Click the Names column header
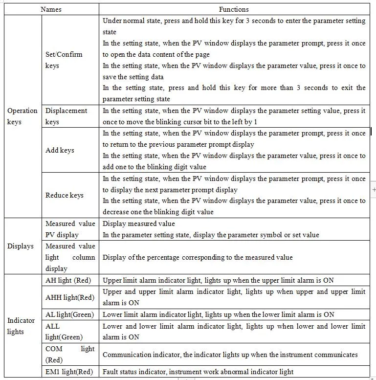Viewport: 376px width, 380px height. tap(51, 9)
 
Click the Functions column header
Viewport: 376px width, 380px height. tap(234, 9)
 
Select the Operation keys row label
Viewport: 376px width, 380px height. tap(22, 116)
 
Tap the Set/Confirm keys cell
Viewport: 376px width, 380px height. tap(64, 60)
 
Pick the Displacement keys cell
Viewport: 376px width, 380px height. tap(66, 116)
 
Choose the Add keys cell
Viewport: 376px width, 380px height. tap(60, 150)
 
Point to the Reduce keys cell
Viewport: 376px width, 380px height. tap(65, 195)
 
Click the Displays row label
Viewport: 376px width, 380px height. tap(20, 246)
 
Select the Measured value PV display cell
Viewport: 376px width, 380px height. tap(70, 229)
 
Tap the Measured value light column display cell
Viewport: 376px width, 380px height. tap(70, 257)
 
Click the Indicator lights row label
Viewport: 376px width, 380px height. tap(21, 326)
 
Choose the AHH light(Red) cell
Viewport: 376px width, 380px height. tap(70, 297)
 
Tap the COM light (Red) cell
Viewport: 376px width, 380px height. tap(70, 354)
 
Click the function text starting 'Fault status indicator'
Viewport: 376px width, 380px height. tap(198, 372)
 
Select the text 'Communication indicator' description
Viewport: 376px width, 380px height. tap(230, 355)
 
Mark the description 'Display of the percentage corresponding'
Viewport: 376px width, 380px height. tap(198, 257)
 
